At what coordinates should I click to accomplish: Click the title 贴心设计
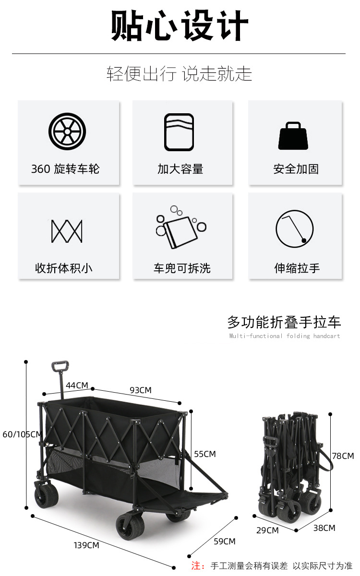180,26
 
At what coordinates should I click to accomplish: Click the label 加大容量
180,169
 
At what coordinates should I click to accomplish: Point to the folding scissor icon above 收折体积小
67,231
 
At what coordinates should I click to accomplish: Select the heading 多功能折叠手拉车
284,322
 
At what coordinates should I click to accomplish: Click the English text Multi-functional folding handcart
284,336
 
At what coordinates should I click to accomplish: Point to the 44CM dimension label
77,385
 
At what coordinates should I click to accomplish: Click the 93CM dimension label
141,390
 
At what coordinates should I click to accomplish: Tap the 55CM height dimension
205,454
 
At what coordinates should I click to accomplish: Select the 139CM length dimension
86,545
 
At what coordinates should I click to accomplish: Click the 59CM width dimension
225,541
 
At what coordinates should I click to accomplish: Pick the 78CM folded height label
343,456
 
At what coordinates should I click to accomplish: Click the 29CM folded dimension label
268,530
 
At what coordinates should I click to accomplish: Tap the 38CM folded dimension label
324,528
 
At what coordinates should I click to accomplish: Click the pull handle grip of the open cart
60,366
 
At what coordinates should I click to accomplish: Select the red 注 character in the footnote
197,566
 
